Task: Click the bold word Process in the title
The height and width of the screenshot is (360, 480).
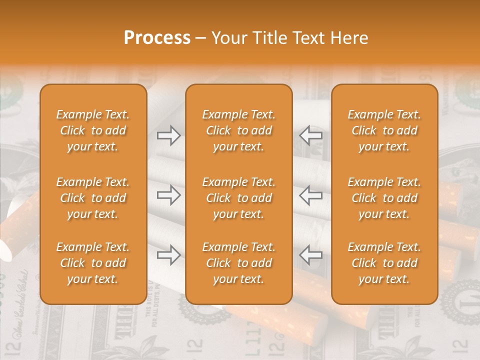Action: pyautogui.click(x=157, y=38)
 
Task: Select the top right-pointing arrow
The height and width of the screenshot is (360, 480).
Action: pyautogui.click(x=168, y=135)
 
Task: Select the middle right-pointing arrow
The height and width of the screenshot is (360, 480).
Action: pyautogui.click(x=168, y=195)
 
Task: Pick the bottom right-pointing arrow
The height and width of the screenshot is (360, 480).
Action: pyautogui.click(x=168, y=255)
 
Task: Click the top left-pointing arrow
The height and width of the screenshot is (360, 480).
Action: pyautogui.click(x=310, y=135)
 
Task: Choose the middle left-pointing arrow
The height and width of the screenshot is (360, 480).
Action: pyautogui.click(x=310, y=195)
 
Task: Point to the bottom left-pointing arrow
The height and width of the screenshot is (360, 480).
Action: pyautogui.click(x=310, y=255)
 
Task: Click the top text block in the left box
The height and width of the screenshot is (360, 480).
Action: pyautogui.click(x=93, y=130)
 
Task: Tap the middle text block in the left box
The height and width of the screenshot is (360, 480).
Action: pyautogui.click(x=93, y=198)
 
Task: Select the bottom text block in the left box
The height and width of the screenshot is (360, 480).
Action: pyautogui.click(x=93, y=263)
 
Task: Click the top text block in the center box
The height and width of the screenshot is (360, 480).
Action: pyautogui.click(x=239, y=130)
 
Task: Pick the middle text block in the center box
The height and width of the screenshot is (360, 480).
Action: pyautogui.click(x=239, y=198)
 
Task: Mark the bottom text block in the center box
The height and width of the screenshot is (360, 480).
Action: pyautogui.click(x=239, y=263)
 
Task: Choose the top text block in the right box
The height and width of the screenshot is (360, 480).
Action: pyautogui.click(x=384, y=130)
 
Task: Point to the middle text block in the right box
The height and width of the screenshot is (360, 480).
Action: pyautogui.click(x=384, y=198)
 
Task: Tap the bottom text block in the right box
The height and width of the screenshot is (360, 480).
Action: pyautogui.click(x=384, y=263)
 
